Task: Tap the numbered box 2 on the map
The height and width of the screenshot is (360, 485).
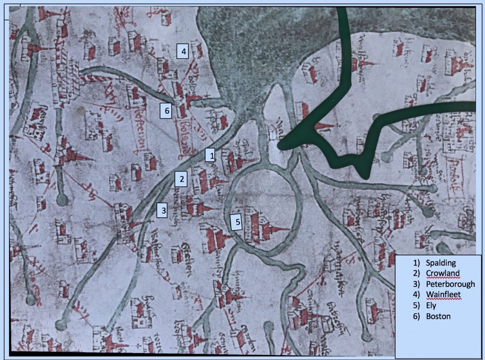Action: (x=181, y=179)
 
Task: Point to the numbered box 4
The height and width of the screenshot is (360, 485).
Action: (x=183, y=52)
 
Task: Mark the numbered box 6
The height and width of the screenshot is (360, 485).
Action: (x=167, y=110)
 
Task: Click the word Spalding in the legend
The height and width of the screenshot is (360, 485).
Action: (x=441, y=263)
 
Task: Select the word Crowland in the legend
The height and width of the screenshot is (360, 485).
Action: (x=443, y=273)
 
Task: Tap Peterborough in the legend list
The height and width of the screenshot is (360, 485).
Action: (x=450, y=284)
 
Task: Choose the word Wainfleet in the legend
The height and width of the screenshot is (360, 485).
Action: (x=444, y=295)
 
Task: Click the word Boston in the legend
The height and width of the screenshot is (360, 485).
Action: (x=438, y=316)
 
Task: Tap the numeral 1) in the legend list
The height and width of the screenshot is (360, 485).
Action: (x=416, y=263)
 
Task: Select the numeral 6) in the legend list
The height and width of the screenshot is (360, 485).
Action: (x=416, y=316)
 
